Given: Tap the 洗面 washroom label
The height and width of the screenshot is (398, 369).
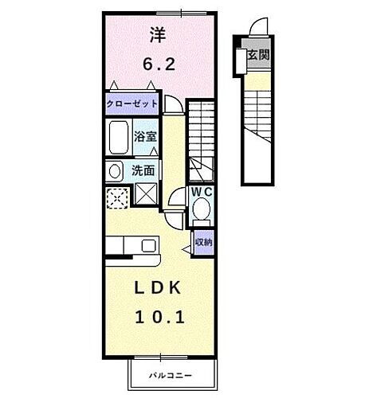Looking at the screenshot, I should pyautogui.click(x=143, y=170).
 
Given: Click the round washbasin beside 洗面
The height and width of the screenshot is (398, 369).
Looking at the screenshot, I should pyautogui.click(x=114, y=170).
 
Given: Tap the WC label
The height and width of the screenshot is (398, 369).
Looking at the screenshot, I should pyautogui.click(x=200, y=193).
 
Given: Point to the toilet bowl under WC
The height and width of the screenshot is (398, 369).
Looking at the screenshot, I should pyautogui.click(x=201, y=211).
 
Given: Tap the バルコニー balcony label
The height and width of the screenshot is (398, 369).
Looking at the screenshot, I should pyautogui.click(x=172, y=373).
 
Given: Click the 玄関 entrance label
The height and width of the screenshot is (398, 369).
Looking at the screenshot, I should pyautogui.click(x=257, y=56).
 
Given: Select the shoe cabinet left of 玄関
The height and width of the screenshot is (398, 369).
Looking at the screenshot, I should pyautogui.click(x=240, y=57).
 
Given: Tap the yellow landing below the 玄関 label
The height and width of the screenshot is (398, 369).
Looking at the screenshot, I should pyautogui.click(x=256, y=77).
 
